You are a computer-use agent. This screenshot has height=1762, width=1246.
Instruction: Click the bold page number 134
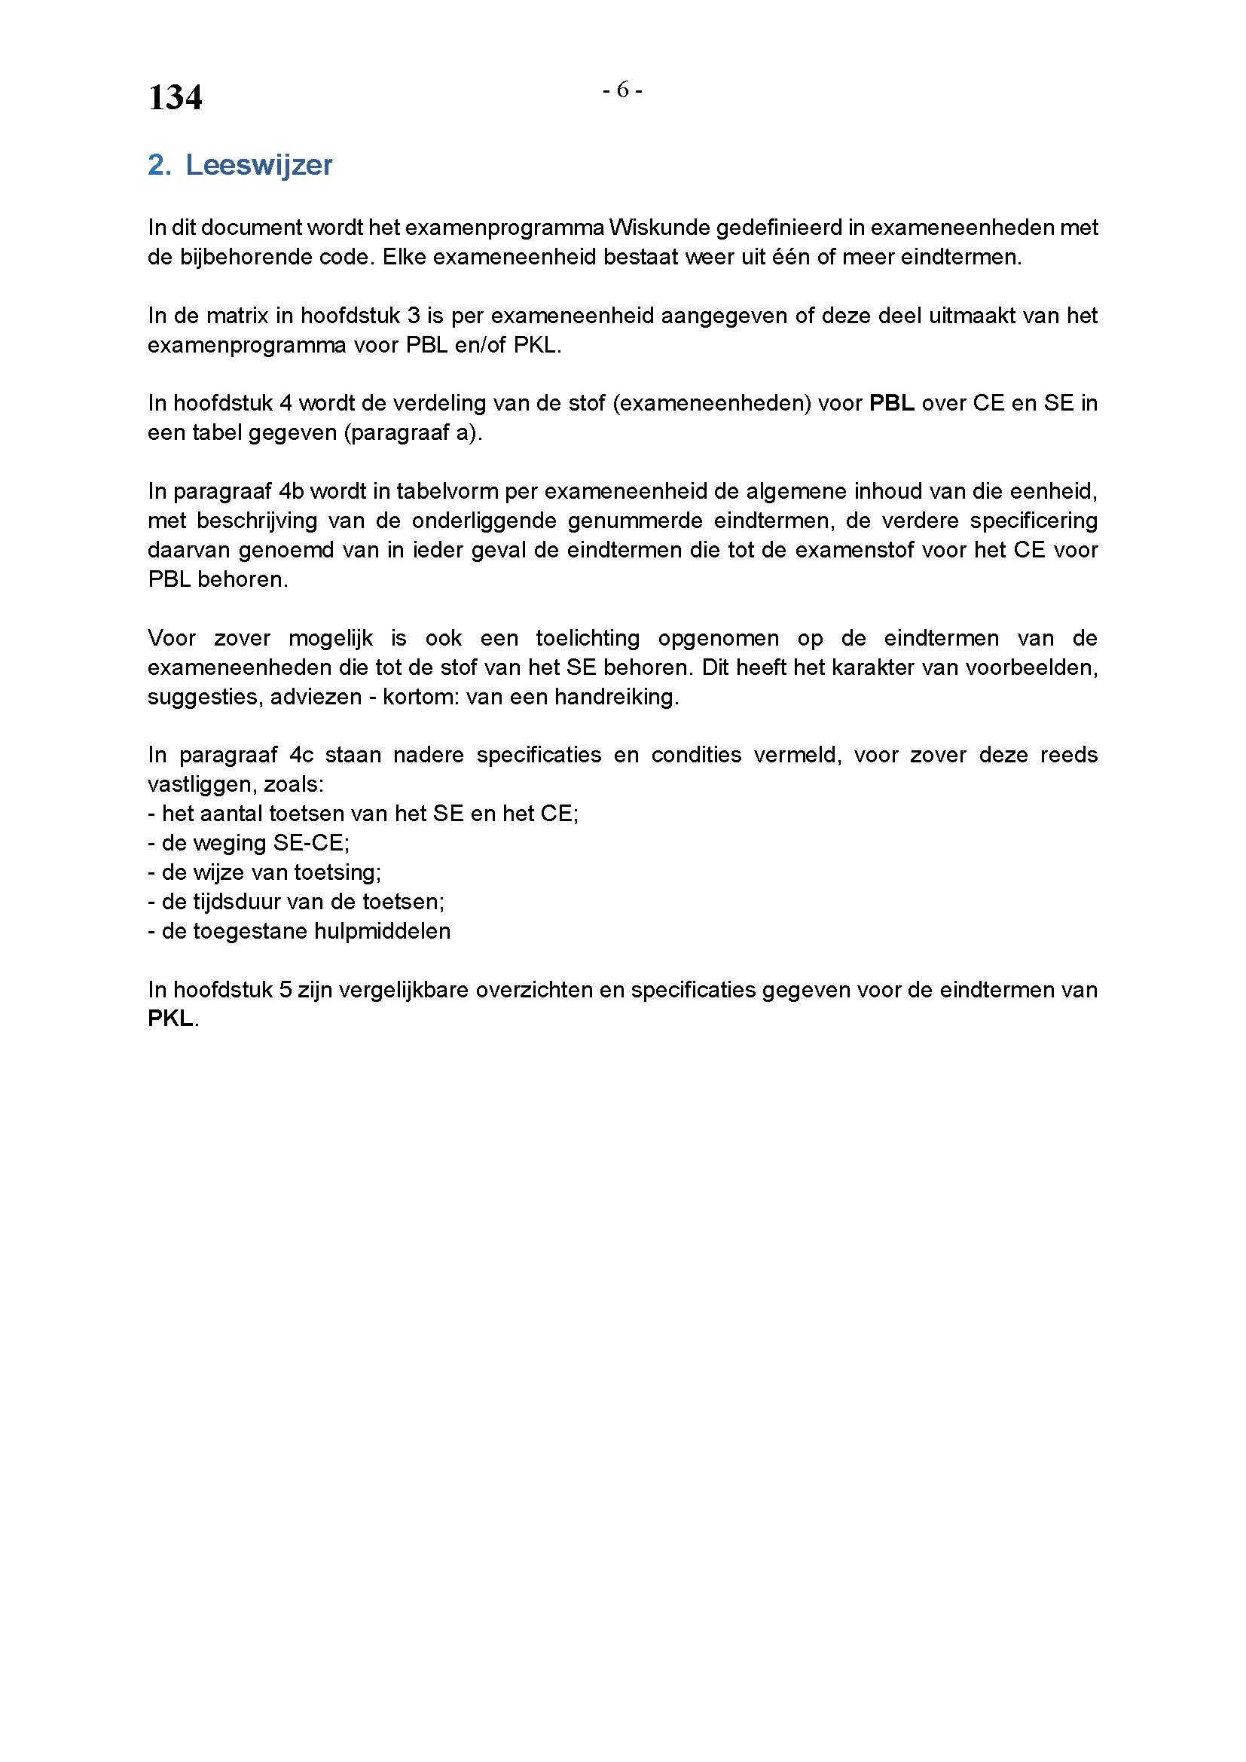[175, 98]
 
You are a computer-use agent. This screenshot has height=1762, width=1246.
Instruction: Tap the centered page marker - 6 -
[622, 90]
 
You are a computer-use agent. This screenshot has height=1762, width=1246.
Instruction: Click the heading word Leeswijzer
[258, 165]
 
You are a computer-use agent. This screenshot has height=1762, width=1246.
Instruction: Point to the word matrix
[247, 316]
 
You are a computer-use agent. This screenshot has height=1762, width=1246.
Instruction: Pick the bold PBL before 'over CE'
[891, 404]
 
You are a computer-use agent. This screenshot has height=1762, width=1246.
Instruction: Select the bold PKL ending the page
[170, 1019]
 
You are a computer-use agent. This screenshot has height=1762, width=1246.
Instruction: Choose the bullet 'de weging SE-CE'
[249, 843]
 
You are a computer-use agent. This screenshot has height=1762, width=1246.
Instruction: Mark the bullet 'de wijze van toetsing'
[264, 872]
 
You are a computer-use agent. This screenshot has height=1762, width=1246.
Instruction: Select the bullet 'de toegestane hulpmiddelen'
[299, 931]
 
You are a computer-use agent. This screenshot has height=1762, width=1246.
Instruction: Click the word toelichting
[588, 638]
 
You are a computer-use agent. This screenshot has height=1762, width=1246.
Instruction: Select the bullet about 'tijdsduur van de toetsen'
[296, 902]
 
